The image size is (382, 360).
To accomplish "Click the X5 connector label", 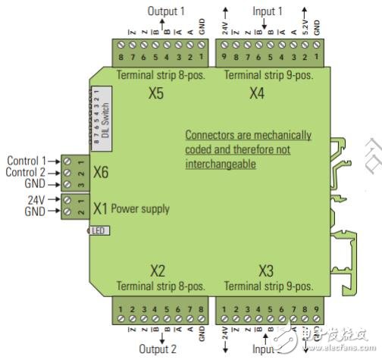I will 157,95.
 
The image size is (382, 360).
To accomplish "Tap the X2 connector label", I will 157,271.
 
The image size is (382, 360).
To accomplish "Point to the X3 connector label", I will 266,271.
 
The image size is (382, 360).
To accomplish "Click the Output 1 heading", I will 166,11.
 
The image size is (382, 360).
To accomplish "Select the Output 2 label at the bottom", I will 157,350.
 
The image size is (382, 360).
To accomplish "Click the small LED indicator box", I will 99,230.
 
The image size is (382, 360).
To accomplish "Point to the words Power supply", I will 141,208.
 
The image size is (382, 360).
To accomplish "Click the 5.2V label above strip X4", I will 305,31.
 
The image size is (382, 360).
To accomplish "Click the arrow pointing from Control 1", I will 55,161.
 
